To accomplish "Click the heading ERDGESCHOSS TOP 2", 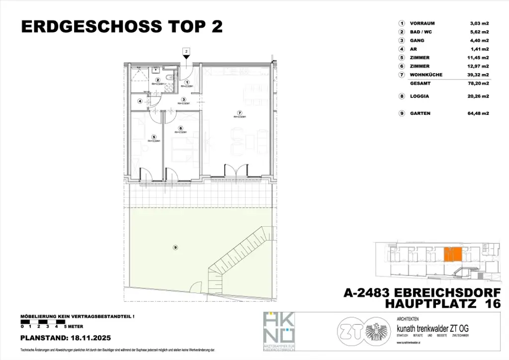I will coord(122,27).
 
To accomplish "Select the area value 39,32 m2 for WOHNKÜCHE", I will coord(479,75).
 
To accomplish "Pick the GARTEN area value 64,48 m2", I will coord(479,113).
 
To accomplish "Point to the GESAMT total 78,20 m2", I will coord(479,84).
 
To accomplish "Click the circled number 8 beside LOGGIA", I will coord(401,96).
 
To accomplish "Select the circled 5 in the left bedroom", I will coord(155,137).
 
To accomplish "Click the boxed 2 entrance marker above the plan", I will coord(186,51).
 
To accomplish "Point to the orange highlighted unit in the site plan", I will coord(452,254).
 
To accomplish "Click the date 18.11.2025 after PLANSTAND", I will coord(92,338).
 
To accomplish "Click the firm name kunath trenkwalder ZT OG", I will coord(432,329).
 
